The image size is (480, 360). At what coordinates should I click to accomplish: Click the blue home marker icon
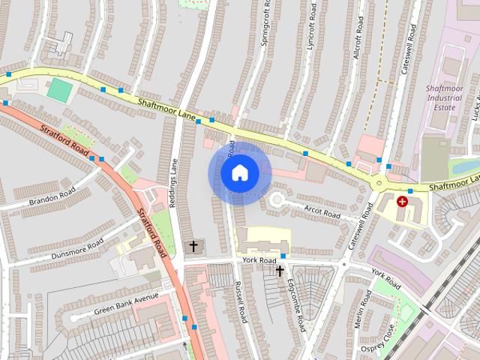[x=239, y=172]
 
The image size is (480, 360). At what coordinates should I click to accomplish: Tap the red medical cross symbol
[x=402, y=202]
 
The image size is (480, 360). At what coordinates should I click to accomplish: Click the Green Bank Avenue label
[x=126, y=303]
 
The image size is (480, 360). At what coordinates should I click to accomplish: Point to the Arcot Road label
[x=322, y=211]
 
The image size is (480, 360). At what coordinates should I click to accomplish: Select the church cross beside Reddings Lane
[x=193, y=245]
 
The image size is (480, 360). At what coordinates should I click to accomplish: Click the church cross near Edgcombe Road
[x=280, y=271]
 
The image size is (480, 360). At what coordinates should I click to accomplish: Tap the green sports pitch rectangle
[x=60, y=91]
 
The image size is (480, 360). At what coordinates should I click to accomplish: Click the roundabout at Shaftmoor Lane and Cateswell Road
[x=379, y=182]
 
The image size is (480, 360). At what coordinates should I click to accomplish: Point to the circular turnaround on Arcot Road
[x=279, y=199]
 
